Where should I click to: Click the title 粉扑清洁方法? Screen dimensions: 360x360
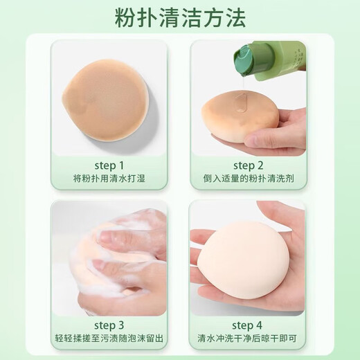click(x=180, y=18)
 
